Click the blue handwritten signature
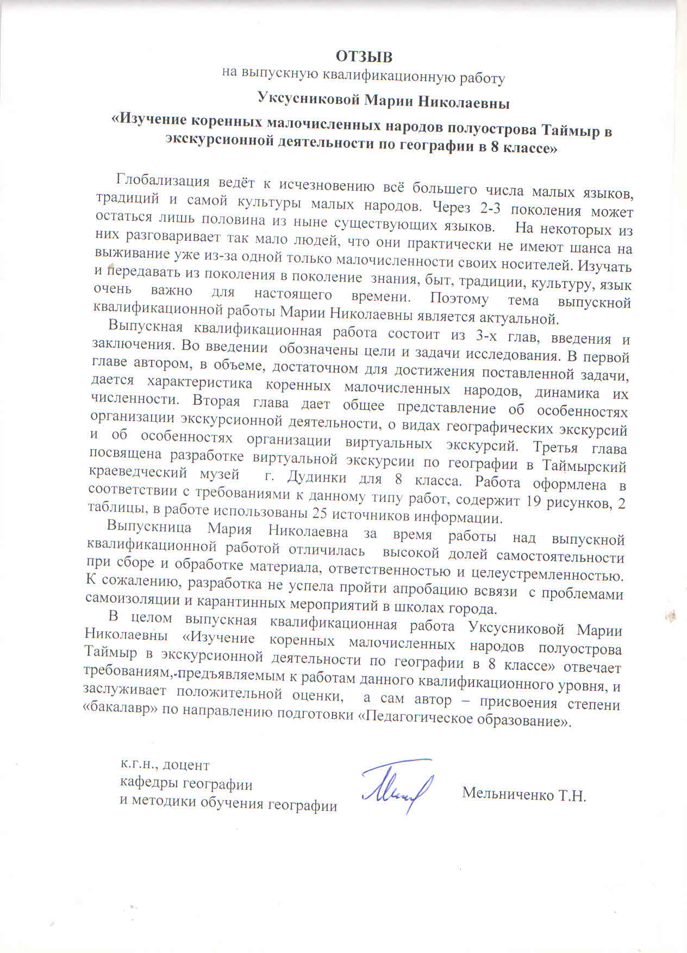[397, 786]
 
